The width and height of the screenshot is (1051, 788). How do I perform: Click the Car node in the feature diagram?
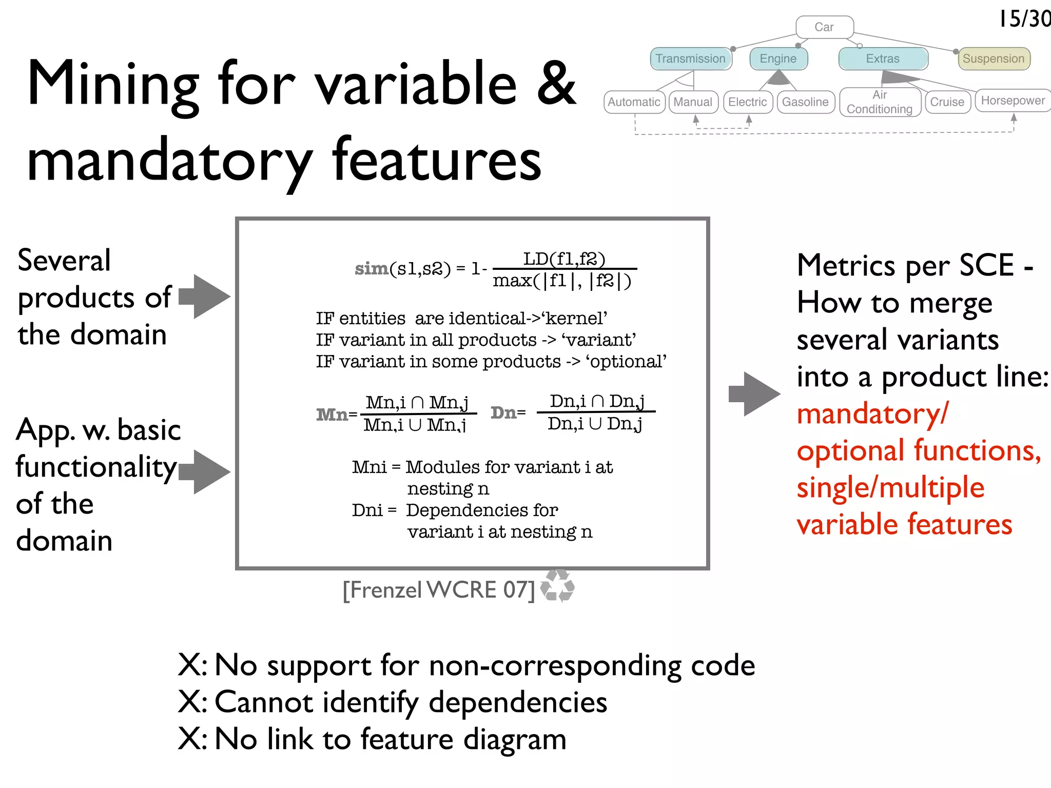[x=824, y=27]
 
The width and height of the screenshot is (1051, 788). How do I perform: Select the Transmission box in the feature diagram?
[x=690, y=58]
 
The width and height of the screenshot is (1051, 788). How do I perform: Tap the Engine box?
[x=778, y=58]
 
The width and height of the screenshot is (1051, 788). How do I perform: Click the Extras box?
[x=883, y=58]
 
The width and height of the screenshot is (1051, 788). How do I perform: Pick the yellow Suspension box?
[x=994, y=58]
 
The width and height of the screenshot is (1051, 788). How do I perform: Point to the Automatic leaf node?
[x=634, y=102]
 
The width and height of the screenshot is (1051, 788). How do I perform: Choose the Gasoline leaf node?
[x=805, y=102]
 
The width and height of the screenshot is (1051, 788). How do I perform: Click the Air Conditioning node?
[x=880, y=102]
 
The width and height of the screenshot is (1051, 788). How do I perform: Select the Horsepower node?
[x=1013, y=101]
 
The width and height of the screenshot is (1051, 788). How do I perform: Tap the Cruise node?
[x=947, y=102]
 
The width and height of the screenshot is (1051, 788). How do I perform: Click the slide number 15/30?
[x=1024, y=19]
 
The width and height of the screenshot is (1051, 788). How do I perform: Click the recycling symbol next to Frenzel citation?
[x=558, y=585]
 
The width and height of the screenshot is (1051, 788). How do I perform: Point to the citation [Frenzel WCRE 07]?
[x=439, y=590]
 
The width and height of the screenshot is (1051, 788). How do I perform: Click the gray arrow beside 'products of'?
[x=205, y=297]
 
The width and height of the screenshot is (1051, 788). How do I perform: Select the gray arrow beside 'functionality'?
[x=205, y=472]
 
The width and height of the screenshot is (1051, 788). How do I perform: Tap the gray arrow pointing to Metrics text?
[x=754, y=394]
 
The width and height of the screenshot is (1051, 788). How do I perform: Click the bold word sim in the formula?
[x=372, y=268]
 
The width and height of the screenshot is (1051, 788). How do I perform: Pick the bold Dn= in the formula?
[x=508, y=412]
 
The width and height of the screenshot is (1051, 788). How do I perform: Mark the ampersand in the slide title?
[x=556, y=83]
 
